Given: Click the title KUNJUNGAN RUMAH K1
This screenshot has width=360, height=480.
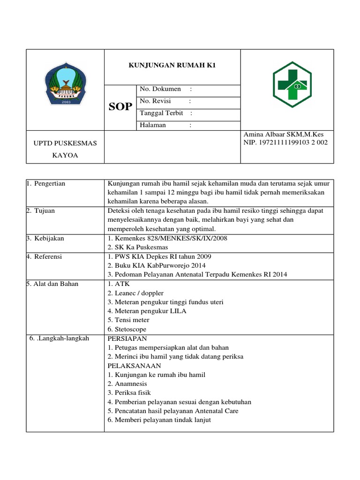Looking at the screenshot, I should [172, 66].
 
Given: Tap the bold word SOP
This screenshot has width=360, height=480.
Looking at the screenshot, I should [120, 107].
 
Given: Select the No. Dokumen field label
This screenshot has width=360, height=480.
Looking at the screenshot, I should [160, 89].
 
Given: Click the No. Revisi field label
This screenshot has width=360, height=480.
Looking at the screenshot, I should [156, 101].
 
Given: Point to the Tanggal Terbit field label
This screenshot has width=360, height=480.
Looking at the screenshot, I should [162, 113].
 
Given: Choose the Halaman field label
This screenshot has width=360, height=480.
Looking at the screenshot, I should [154, 125].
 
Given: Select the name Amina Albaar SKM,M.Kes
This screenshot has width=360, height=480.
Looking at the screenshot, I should [283, 135].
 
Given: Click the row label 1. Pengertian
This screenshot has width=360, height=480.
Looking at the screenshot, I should [46, 184].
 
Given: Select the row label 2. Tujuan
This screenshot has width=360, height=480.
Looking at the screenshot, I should [41, 211].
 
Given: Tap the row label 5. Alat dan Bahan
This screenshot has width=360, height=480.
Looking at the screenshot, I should [52, 284].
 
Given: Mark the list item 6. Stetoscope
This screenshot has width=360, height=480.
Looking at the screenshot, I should [127, 330].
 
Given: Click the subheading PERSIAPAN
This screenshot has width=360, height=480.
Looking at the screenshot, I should [127, 338].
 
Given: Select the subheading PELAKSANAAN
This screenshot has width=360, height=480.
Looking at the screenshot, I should [134, 366].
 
